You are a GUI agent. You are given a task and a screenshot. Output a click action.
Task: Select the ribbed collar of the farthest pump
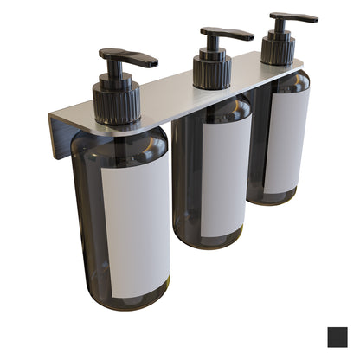click(278, 50)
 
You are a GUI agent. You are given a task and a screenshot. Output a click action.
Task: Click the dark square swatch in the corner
click(339, 337)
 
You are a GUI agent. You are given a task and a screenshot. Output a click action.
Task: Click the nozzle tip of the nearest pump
click(154, 63)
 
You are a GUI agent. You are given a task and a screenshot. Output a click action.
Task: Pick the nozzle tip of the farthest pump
click(314, 18)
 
